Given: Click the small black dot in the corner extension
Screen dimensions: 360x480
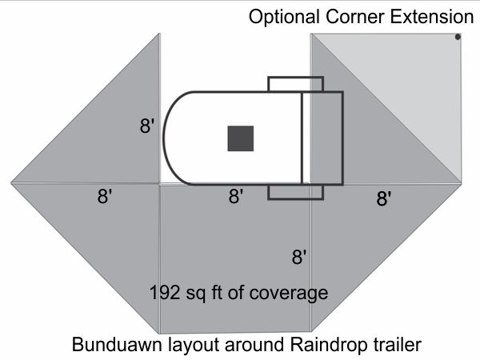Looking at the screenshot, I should pyautogui.click(x=457, y=37).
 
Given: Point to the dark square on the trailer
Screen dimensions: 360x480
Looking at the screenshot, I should pyautogui.click(x=241, y=138).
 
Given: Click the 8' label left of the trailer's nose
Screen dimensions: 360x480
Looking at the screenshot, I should pyautogui.click(x=146, y=126).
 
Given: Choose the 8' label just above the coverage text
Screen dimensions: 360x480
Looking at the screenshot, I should pyautogui.click(x=299, y=257).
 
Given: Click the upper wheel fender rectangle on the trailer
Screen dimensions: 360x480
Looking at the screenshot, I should pyautogui.click(x=295, y=84).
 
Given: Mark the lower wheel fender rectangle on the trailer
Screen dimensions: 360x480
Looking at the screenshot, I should pyautogui.click(x=295, y=192).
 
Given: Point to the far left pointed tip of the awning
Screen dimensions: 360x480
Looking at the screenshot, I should pyautogui.click(x=13, y=182).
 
